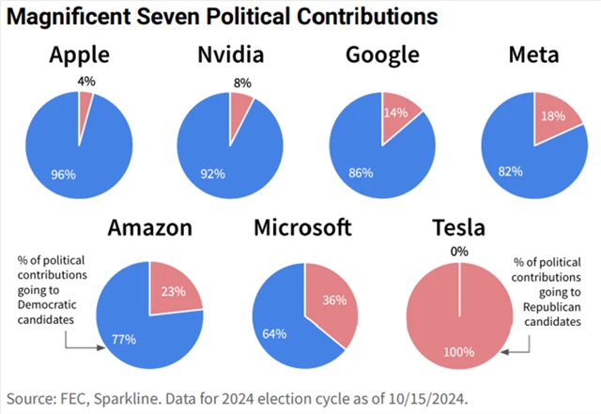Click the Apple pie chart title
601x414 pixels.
coord(79,55)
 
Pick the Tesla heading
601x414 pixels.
coord(458,228)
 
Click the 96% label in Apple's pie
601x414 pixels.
coord(64,174)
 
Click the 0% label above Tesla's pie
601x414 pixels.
coord(458,252)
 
